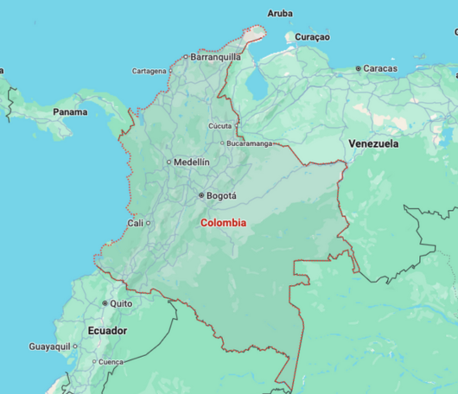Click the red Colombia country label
(223, 223)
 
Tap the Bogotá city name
(221, 196)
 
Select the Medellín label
(192, 162)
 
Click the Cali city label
(135, 223)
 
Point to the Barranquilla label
(215, 57)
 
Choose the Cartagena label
(149, 71)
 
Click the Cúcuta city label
(220, 126)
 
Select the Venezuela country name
(373, 143)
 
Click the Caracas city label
(380, 68)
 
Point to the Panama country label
(70, 112)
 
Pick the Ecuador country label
(107, 331)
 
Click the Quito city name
(121, 304)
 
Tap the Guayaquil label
(49, 346)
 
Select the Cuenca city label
(111, 362)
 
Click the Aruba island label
(280, 13)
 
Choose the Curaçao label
(312, 37)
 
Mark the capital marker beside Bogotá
(201, 196)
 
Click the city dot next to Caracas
(358, 68)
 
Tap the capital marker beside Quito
(105, 304)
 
